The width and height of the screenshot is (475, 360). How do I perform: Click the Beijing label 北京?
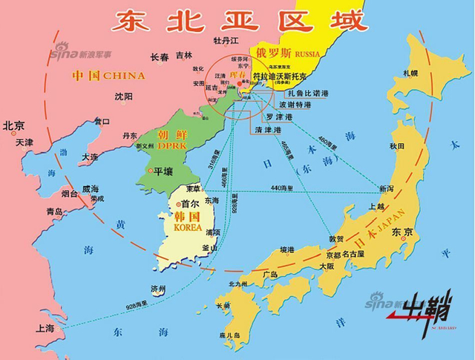point(14,125)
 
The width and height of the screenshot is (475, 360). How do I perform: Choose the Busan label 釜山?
point(211,247)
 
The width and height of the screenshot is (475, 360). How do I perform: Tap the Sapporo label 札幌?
point(410,73)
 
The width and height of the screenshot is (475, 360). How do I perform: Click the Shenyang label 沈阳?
point(124,96)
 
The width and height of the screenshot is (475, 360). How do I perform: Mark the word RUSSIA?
point(307,54)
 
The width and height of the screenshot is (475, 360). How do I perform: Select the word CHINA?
point(124,76)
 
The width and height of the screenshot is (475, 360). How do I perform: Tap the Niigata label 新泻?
point(386,189)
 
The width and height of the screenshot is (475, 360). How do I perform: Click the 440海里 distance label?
point(282,187)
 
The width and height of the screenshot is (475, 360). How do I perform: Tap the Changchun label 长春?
point(160,56)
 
